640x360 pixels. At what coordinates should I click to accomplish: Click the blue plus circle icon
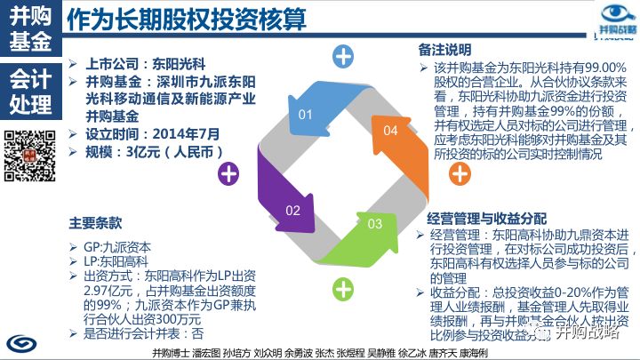343,58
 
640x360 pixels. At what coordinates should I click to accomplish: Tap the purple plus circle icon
228,171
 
